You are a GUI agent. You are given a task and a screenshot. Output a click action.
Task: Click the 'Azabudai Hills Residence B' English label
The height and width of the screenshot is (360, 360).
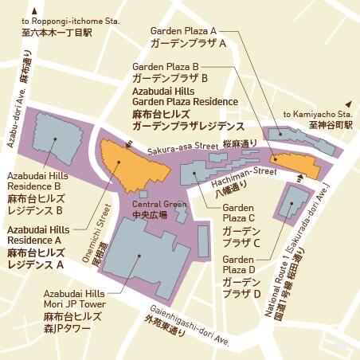click(x=36, y=180)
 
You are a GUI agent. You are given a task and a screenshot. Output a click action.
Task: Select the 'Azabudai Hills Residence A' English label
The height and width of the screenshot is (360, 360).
click(x=36, y=234)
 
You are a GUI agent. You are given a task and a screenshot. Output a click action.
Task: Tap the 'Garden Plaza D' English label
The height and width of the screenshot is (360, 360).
click(x=239, y=265)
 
